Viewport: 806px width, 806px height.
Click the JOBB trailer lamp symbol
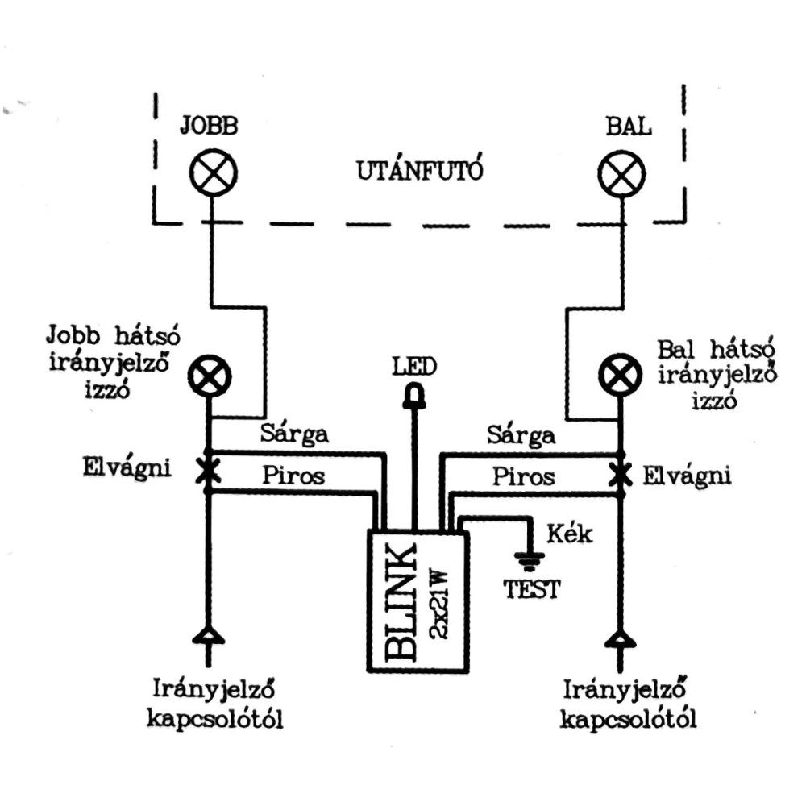213,173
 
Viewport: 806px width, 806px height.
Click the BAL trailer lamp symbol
621,173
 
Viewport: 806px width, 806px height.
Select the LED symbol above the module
416,396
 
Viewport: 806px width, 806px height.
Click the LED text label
414,368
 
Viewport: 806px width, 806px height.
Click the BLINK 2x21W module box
418,600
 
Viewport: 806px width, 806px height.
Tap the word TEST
532,589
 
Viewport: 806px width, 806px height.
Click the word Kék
570,533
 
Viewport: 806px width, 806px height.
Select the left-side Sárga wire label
295,434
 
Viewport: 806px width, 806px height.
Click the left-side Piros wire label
293,475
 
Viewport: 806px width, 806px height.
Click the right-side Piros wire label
524,476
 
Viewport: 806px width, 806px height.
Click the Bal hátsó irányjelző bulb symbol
621,376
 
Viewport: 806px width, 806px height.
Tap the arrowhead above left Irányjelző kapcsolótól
209,638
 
